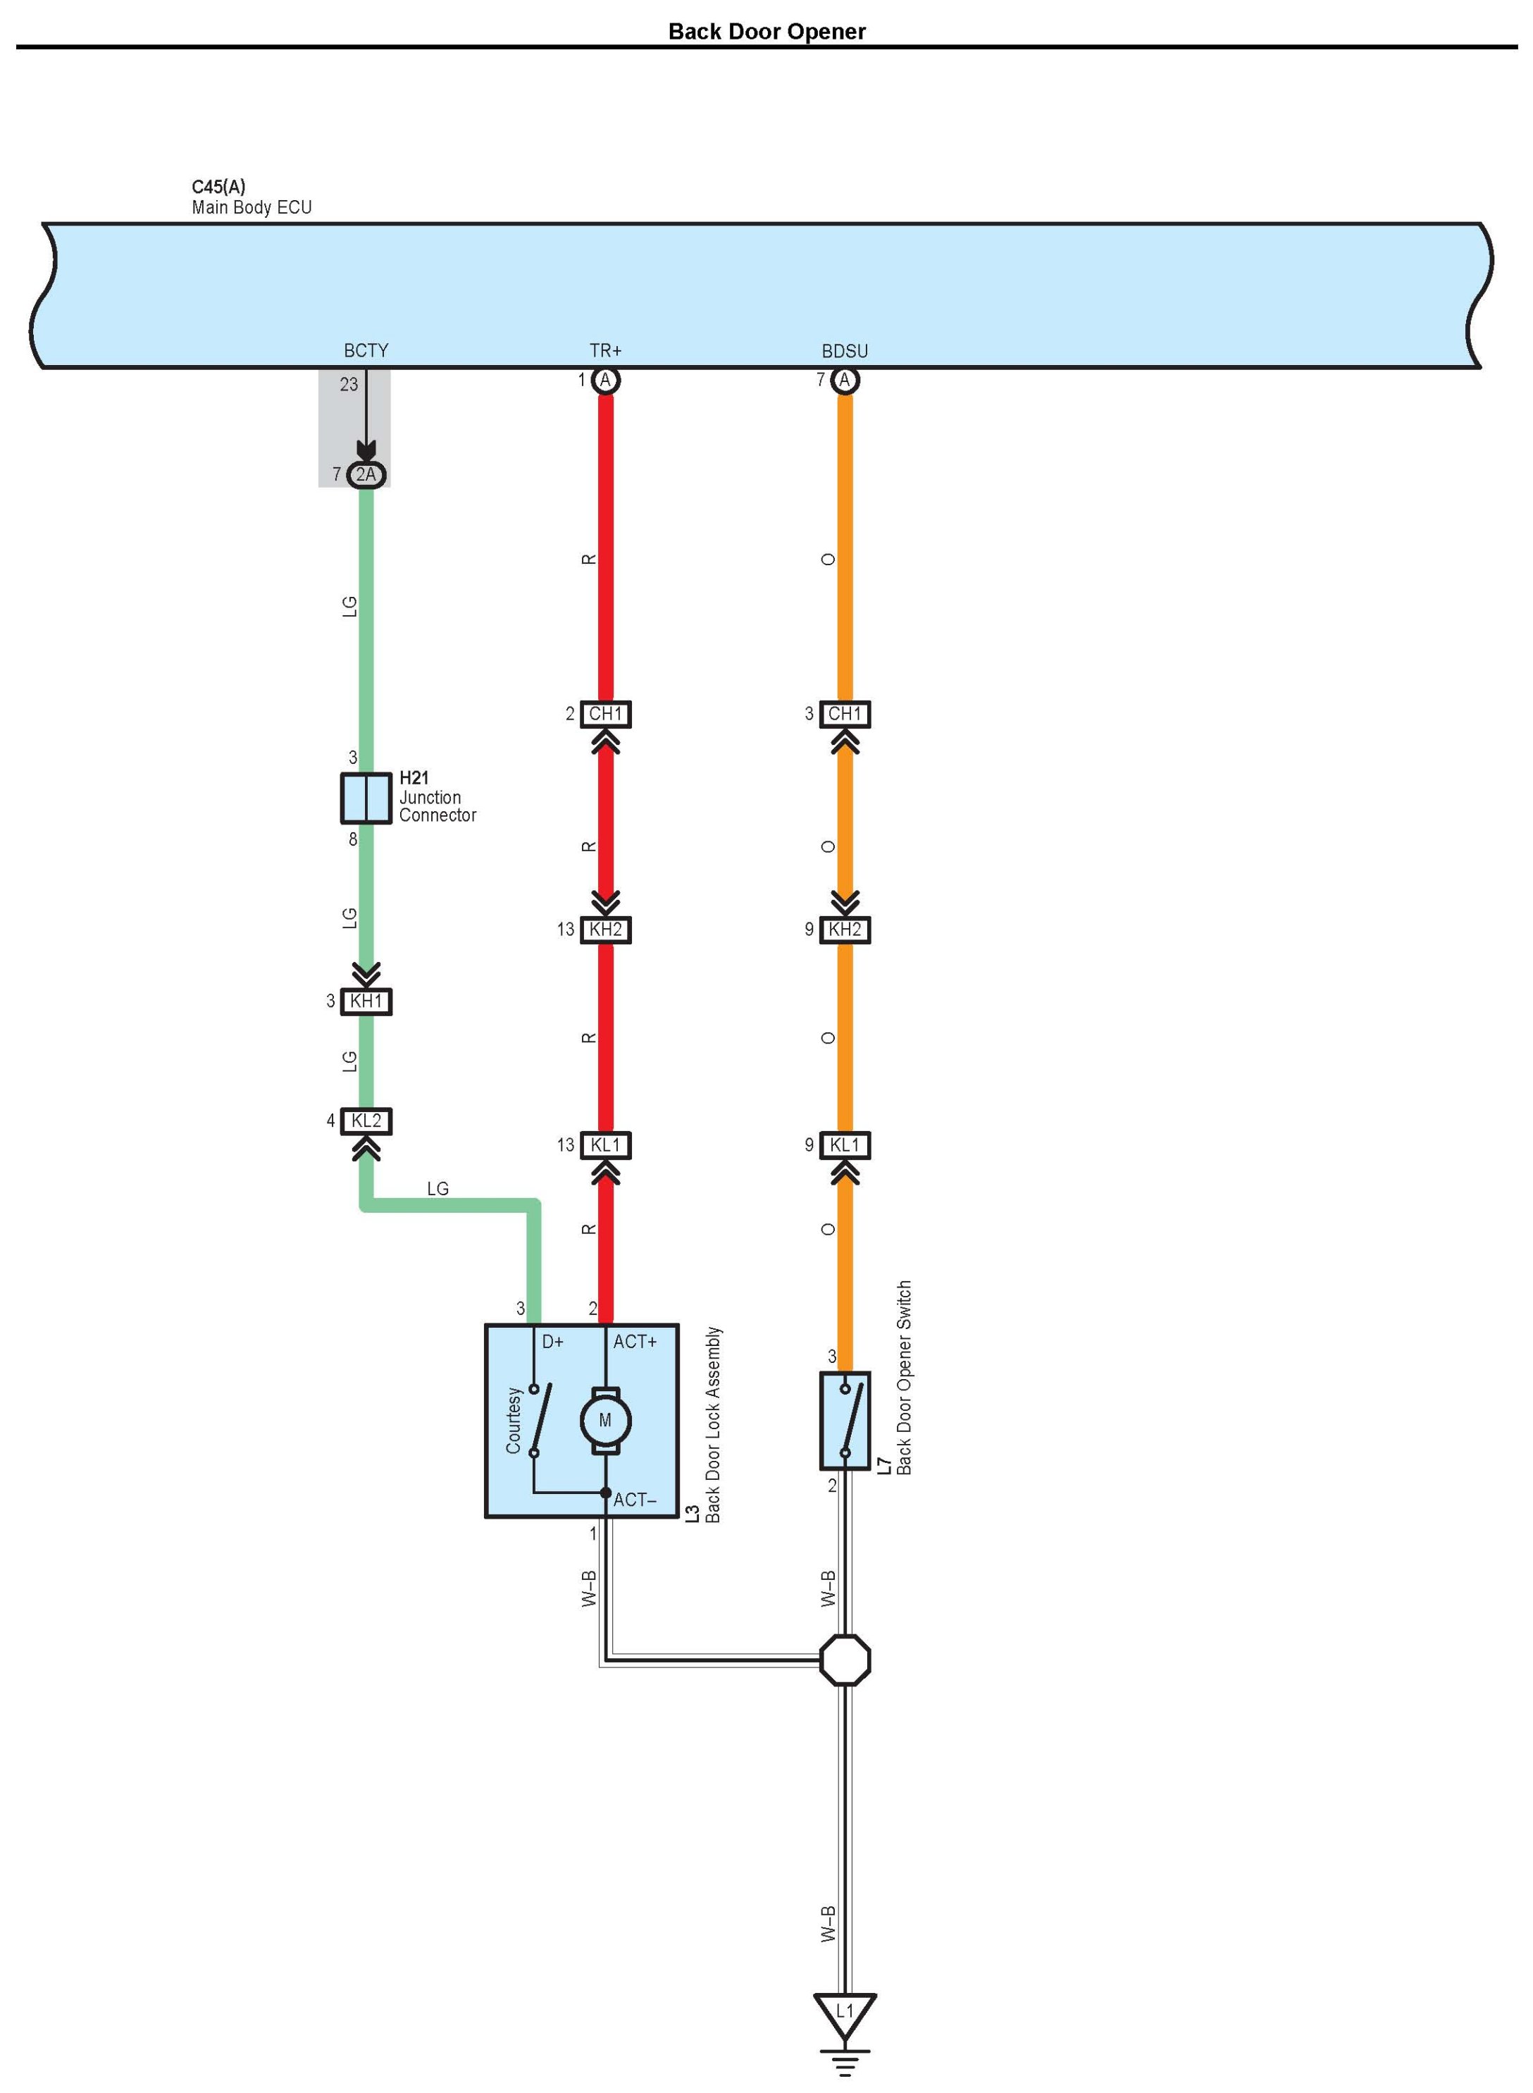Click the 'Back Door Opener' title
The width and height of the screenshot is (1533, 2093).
766,32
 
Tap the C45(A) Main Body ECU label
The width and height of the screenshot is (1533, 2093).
251,197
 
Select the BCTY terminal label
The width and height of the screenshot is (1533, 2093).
366,351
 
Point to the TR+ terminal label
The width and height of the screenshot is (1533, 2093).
605,351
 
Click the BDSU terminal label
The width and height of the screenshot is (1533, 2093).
845,351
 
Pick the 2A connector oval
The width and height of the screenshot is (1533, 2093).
366,475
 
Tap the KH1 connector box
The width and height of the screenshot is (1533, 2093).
366,1001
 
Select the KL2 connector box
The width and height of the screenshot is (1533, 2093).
366,1120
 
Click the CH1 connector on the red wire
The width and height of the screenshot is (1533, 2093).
605,714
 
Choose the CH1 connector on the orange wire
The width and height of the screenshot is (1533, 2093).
845,714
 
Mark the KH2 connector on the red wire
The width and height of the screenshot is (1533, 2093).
605,929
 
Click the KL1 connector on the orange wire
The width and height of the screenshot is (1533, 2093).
845,1144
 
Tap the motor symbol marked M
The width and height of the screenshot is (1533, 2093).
605,1420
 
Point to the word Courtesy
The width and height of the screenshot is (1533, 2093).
513,1420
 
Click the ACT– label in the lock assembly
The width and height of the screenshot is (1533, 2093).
635,1500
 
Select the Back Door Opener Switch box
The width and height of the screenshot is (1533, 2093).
845,1420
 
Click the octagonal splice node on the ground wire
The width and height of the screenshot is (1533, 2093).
845,1660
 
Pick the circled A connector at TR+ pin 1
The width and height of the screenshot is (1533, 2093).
605,380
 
